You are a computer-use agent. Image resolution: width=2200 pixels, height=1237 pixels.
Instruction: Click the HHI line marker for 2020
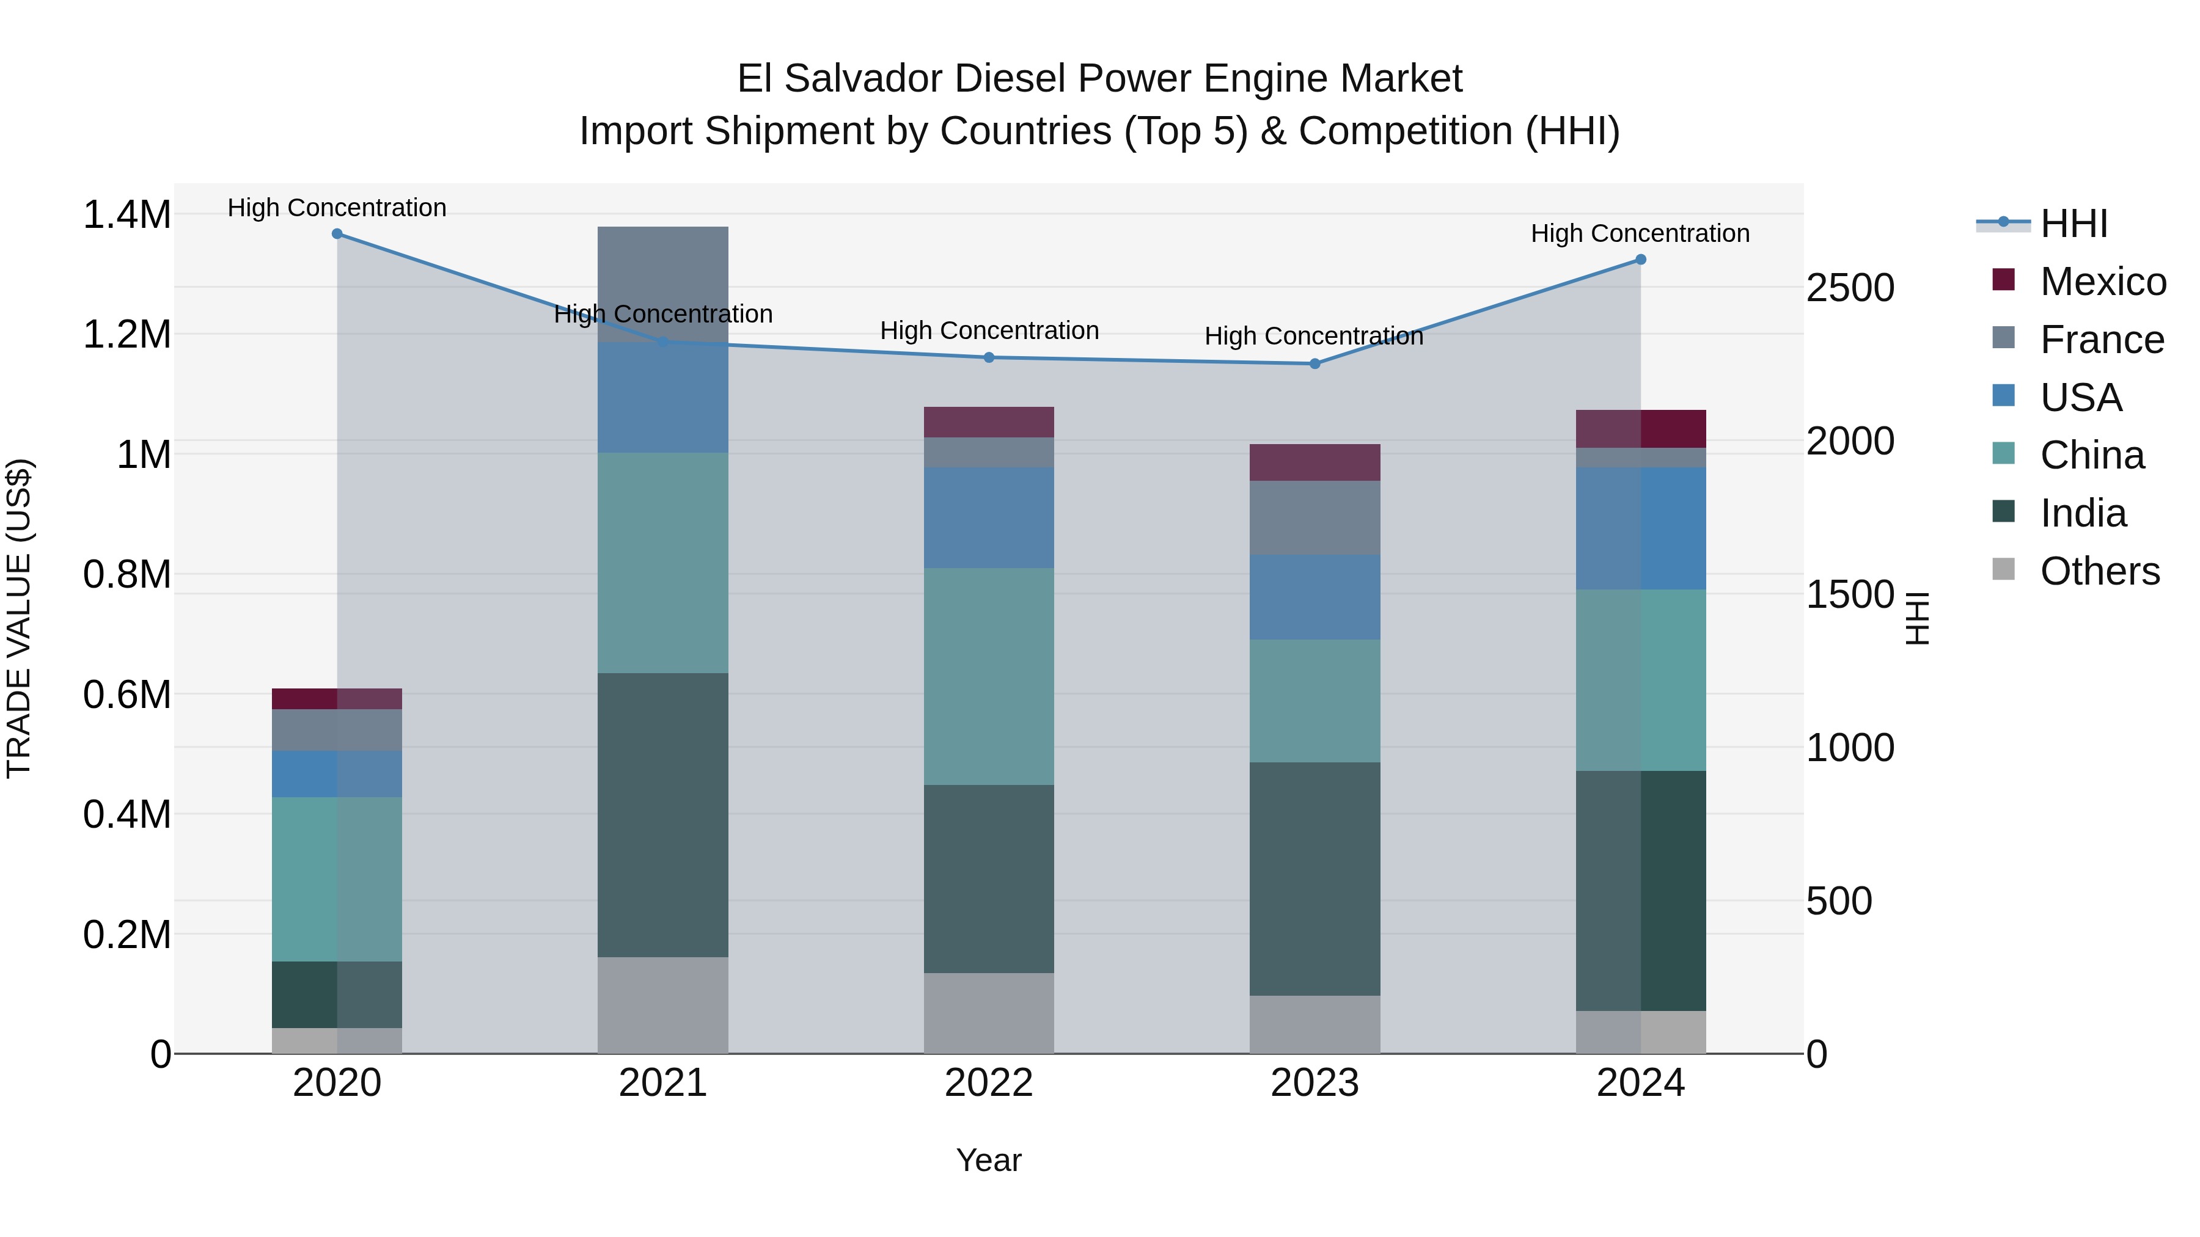tap(337, 234)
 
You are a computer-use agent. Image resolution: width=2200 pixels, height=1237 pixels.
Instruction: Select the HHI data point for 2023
tap(1315, 363)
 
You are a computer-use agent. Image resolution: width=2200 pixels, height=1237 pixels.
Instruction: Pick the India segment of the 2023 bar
tap(1315, 879)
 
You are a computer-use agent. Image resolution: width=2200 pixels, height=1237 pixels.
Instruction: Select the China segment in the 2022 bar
tap(989, 677)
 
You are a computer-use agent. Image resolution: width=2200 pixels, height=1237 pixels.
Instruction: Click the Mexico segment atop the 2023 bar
tap(1315, 462)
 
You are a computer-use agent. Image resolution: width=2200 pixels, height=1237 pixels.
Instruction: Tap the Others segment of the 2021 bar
tap(662, 1005)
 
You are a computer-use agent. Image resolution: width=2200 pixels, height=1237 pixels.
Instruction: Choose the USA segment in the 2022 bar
tap(989, 517)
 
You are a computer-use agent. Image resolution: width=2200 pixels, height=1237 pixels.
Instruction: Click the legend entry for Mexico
tap(2102, 282)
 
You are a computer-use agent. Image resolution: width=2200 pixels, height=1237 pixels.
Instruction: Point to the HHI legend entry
tap(2073, 224)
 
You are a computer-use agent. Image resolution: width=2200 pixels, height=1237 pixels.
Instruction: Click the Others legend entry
tap(2099, 571)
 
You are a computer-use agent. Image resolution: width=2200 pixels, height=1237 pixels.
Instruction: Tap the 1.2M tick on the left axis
tap(127, 335)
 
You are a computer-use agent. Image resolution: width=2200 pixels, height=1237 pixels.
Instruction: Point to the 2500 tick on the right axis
tap(1850, 288)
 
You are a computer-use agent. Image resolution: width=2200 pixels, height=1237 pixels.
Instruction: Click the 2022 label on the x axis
tap(989, 1083)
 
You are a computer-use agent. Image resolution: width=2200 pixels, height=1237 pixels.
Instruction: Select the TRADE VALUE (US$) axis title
tap(19, 618)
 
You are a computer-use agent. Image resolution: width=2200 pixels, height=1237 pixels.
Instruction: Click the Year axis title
tap(989, 1160)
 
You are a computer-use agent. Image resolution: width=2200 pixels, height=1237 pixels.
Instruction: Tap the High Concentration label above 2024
tap(1640, 233)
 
